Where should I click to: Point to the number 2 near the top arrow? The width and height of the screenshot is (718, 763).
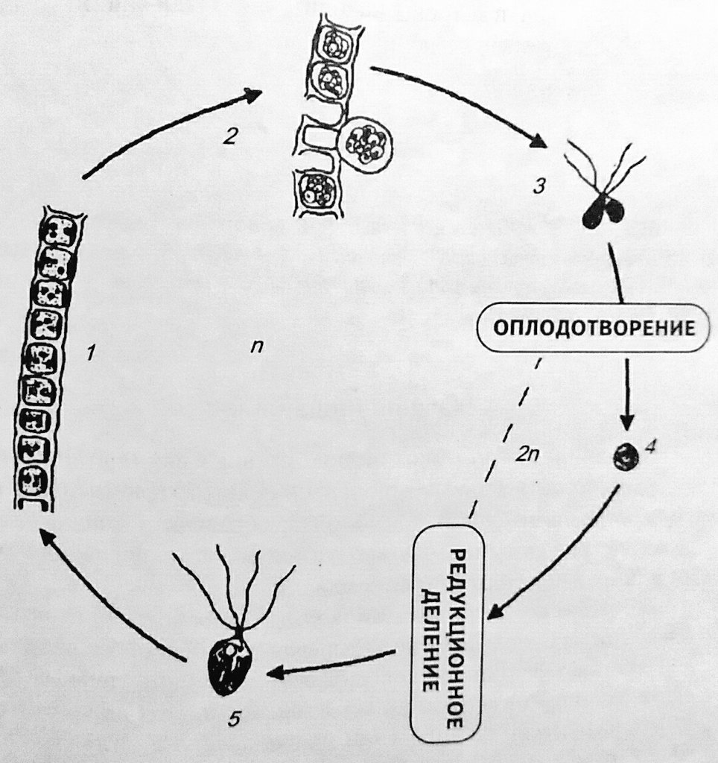point(231,136)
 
